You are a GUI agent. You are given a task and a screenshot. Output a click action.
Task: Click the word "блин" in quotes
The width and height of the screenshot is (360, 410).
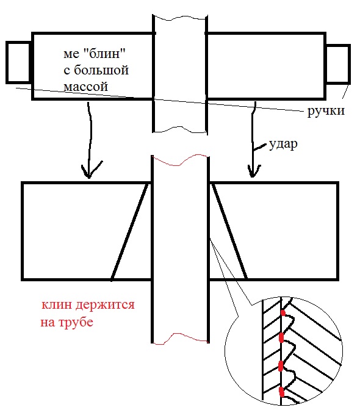[x=104, y=54]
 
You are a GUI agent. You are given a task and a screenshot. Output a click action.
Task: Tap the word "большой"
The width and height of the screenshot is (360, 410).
[x=101, y=70]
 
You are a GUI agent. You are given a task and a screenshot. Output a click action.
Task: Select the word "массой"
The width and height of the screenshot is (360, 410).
[x=86, y=86]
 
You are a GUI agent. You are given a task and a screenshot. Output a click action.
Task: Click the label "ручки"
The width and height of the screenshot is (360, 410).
[x=326, y=111]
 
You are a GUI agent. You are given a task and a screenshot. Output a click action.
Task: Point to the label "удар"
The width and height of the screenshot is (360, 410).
[x=283, y=145]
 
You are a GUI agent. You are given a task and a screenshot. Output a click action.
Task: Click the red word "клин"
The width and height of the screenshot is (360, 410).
[x=57, y=305]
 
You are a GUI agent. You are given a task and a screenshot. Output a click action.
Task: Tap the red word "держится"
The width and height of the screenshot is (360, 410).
[x=105, y=306]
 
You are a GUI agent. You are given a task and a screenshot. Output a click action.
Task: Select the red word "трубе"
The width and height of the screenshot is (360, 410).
[x=76, y=322]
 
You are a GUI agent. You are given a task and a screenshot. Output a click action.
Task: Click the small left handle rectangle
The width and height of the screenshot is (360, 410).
[x=18, y=62]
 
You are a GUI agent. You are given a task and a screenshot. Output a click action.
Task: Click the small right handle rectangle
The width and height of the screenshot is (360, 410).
[x=338, y=64]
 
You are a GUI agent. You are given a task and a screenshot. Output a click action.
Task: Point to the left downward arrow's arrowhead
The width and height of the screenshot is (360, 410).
[x=90, y=170]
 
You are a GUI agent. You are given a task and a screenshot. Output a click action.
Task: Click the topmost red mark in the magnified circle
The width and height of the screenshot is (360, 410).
[x=283, y=313]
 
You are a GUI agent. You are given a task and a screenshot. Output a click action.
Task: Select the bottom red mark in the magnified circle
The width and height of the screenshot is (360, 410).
[x=281, y=392]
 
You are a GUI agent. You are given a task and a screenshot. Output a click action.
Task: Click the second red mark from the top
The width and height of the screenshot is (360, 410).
[x=281, y=337]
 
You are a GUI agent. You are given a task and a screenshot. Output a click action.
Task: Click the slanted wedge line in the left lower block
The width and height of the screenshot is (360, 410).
[x=130, y=231]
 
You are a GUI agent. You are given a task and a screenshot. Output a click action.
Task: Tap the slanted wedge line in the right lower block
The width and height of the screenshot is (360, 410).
[x=229, y=230]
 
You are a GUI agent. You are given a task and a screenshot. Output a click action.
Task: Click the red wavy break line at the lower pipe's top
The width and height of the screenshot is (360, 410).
[x=180, y=160]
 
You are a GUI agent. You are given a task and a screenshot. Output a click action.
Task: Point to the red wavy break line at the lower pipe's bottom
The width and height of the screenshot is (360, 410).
[x=181, y=339]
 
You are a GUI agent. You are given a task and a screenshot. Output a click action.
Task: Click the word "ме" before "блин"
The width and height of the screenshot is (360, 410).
[x=71, y=54]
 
